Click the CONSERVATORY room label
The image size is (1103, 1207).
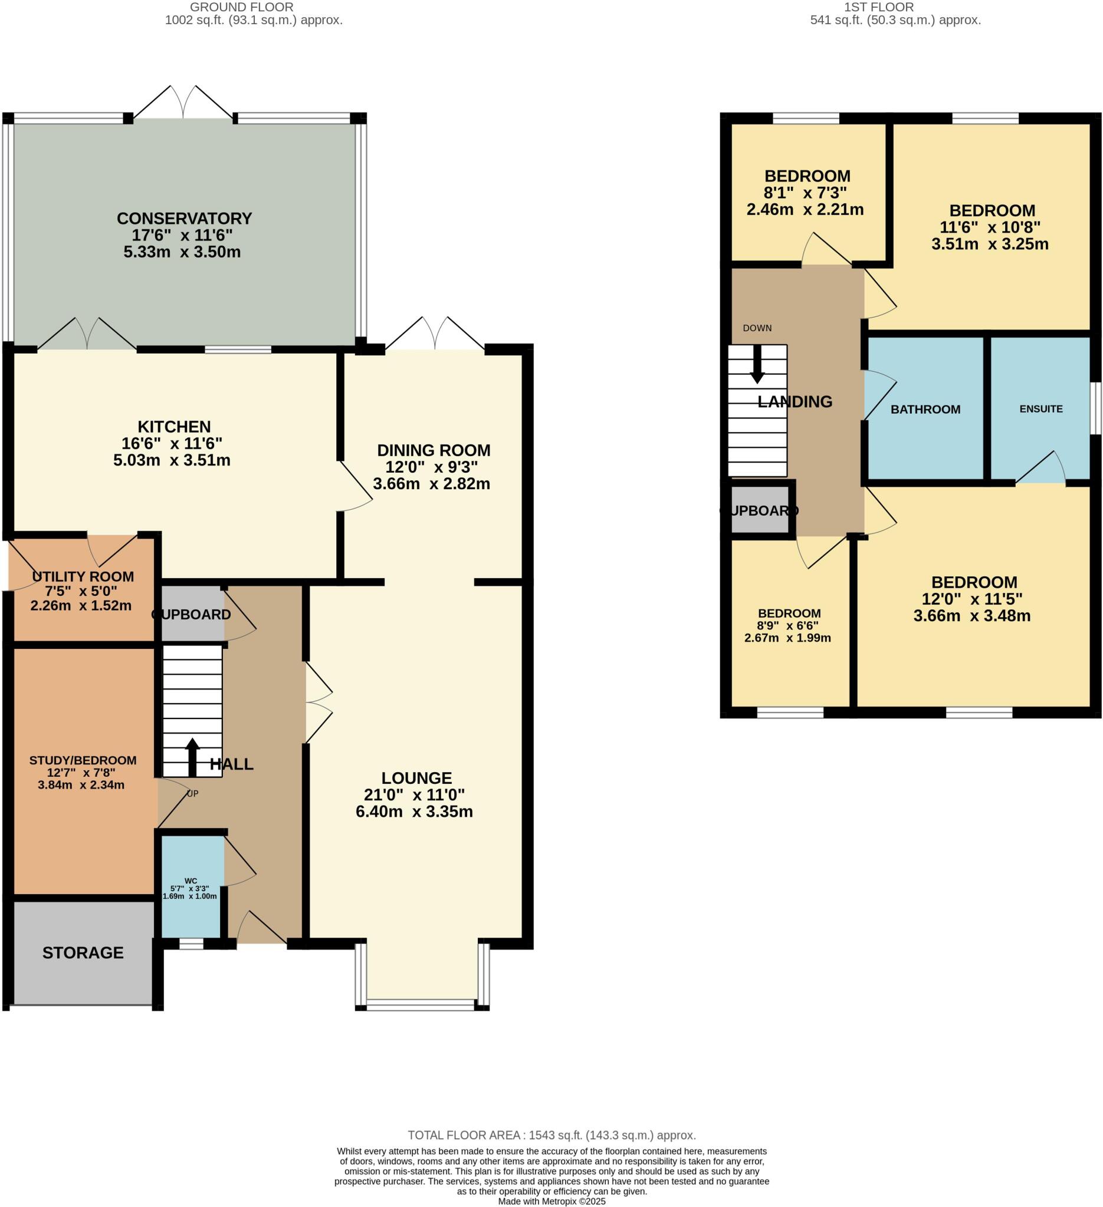tap(184, 218)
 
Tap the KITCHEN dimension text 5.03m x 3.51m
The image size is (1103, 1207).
tap(172, 460)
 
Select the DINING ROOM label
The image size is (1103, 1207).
tap(433, 450)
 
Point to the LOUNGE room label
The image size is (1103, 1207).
tap(416, 778)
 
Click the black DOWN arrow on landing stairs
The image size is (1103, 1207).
tap(757, 365)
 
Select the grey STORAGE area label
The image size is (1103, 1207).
tap(83, 952)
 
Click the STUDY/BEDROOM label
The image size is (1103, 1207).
tap(83, 760)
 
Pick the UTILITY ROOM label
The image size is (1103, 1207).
tap(83, 576)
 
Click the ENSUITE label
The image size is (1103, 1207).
tap(1040, 409)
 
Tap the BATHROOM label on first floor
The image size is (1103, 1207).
tap(925, 410)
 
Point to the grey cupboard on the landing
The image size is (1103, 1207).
tap(759, 510)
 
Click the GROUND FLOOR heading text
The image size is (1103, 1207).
tap(241, 7)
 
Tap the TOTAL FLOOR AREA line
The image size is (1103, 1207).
tap(551, 1135)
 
